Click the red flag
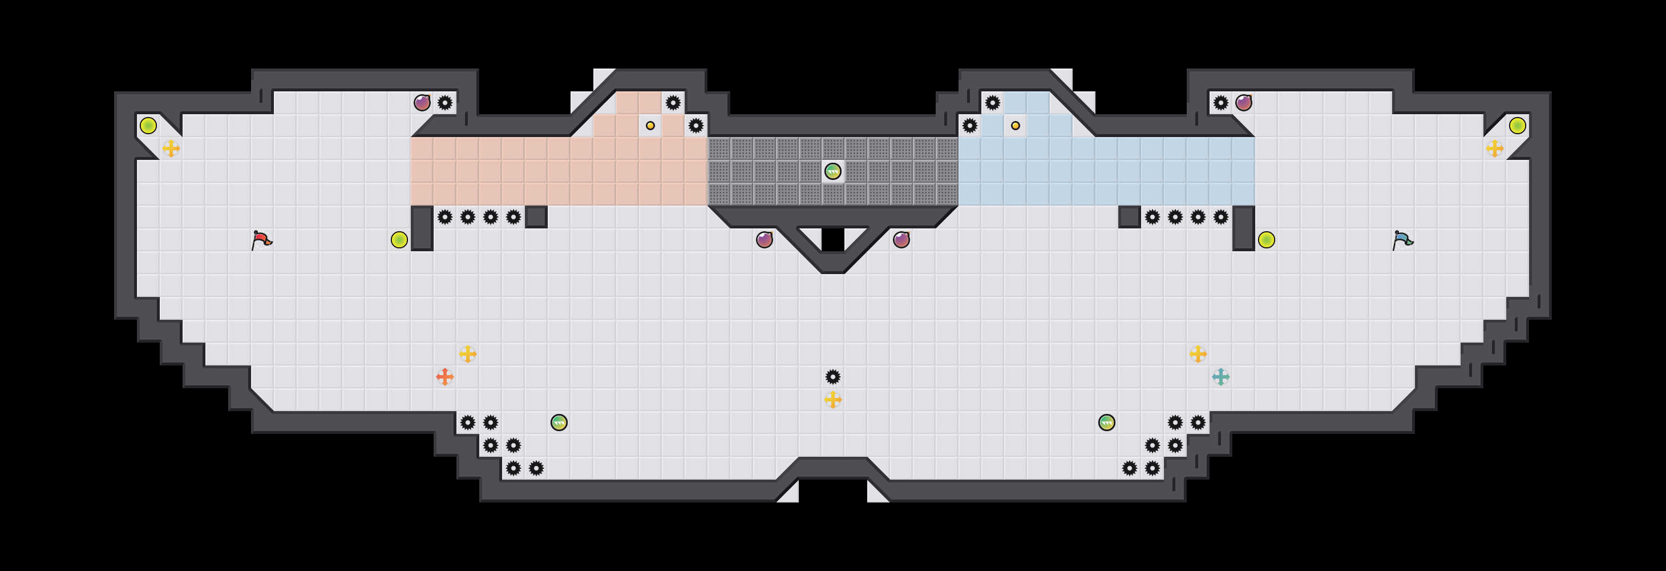click(261, 240)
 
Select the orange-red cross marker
click(445, 376)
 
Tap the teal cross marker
click(1220, 376)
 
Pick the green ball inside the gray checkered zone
click(833, 171)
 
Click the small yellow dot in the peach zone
click(650, 126)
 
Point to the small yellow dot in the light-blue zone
click(1016, 126)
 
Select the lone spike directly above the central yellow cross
click(833, 376)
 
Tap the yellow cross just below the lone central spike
click(833, 400)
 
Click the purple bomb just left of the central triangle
click(765, 240)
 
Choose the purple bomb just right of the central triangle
click(901, 240)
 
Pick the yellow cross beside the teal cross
click(1198, 353)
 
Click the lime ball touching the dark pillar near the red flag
click(399, 240)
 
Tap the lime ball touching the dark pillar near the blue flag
click(1266, 240)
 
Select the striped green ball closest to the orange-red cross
click(559, 423)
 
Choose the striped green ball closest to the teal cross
click(1106, 423)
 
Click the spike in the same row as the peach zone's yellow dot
click(696, 126)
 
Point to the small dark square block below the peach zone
click(536, 217)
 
